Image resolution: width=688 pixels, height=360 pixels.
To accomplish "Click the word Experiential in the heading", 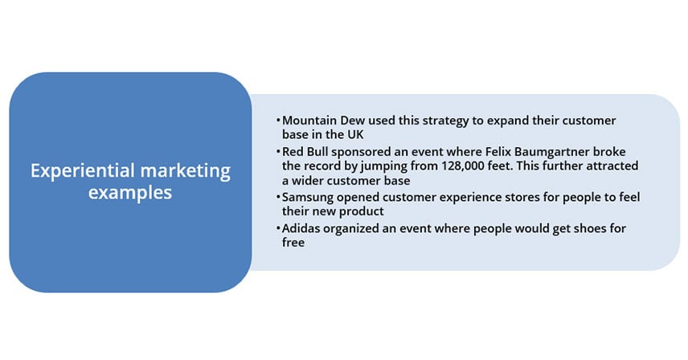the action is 83,171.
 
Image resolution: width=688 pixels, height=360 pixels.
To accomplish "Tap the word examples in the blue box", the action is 130,193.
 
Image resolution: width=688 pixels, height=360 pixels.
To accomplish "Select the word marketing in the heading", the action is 186,171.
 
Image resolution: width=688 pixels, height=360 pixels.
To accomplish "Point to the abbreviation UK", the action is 355,135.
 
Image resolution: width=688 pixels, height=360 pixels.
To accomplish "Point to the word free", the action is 293,243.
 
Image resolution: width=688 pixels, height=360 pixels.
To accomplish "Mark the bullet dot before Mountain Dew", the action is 278,119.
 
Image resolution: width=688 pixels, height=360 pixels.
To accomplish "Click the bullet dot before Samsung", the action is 278,196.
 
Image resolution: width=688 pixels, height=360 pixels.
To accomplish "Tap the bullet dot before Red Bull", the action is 278,151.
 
